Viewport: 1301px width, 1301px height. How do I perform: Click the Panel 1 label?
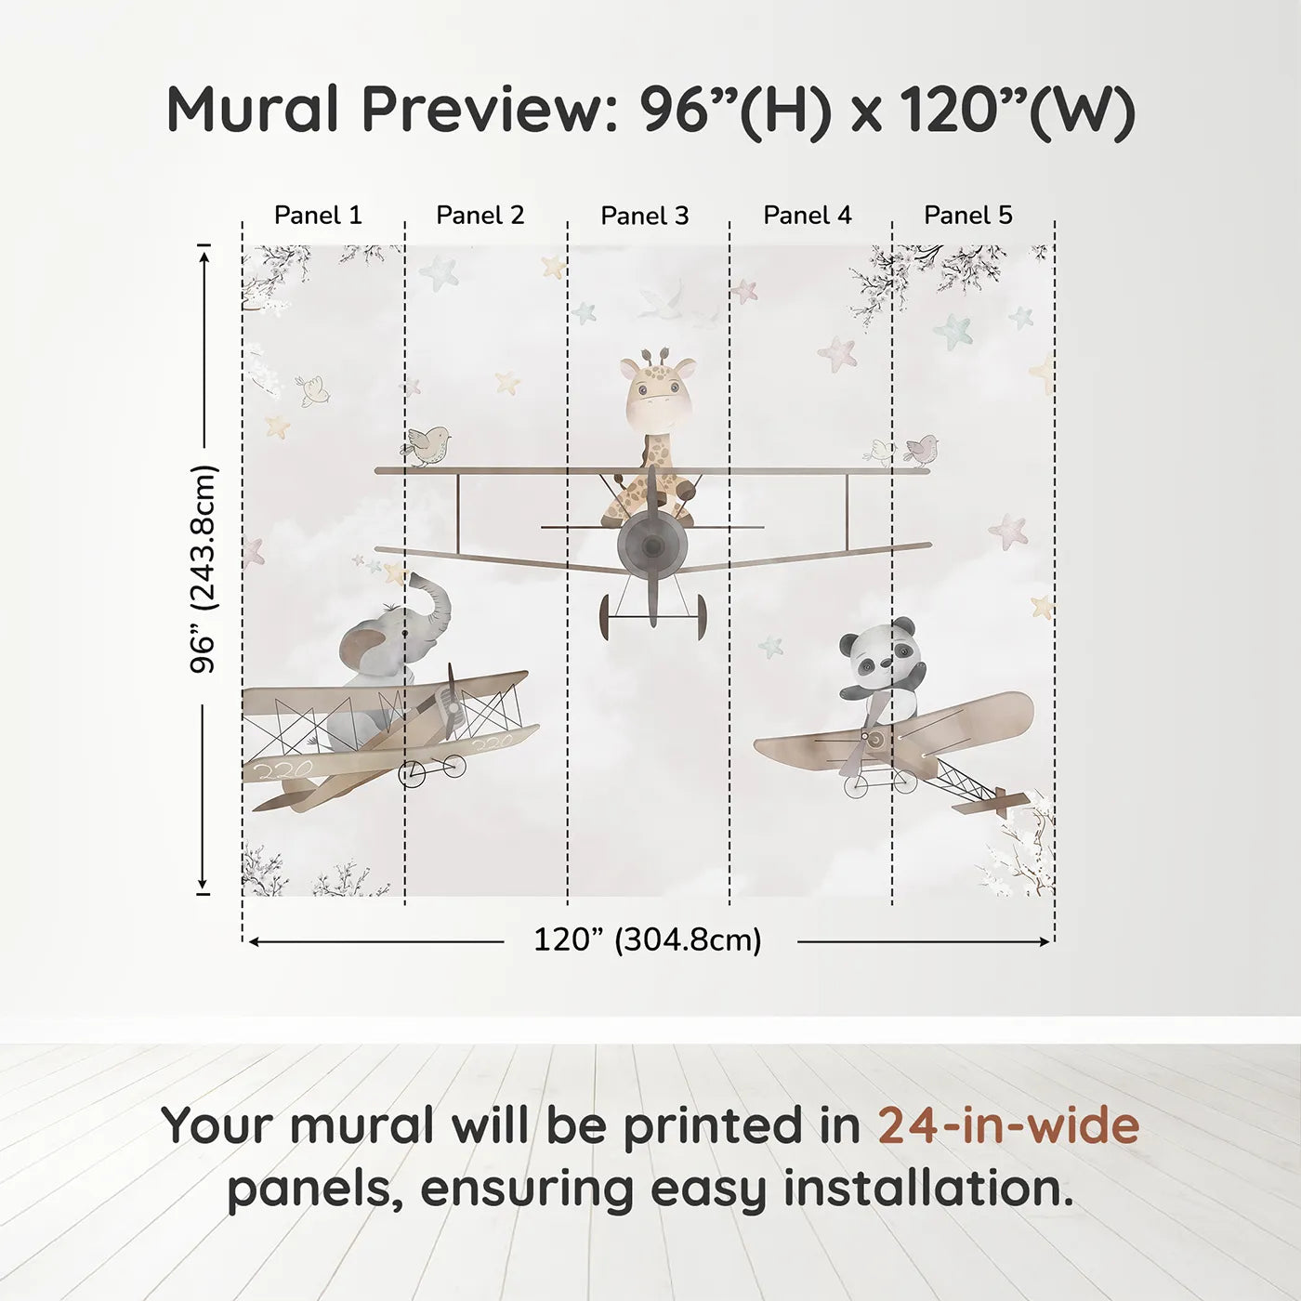[x=318, y=215]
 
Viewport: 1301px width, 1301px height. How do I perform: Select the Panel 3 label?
[x=644, y=216]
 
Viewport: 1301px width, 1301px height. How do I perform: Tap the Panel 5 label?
[x=967, y=215]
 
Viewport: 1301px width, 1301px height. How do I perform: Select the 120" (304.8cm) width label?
[x=647, y=940]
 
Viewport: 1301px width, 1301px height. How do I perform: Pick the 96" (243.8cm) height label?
[x=203, y=569]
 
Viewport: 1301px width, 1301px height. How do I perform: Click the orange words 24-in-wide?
[x=1008, y=1125]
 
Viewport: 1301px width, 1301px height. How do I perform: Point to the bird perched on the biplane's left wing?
[x=428, y=445]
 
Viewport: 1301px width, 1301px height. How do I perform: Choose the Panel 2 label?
[x=480, y=215]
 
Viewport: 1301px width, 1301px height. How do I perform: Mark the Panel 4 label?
[x=807, y=215]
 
